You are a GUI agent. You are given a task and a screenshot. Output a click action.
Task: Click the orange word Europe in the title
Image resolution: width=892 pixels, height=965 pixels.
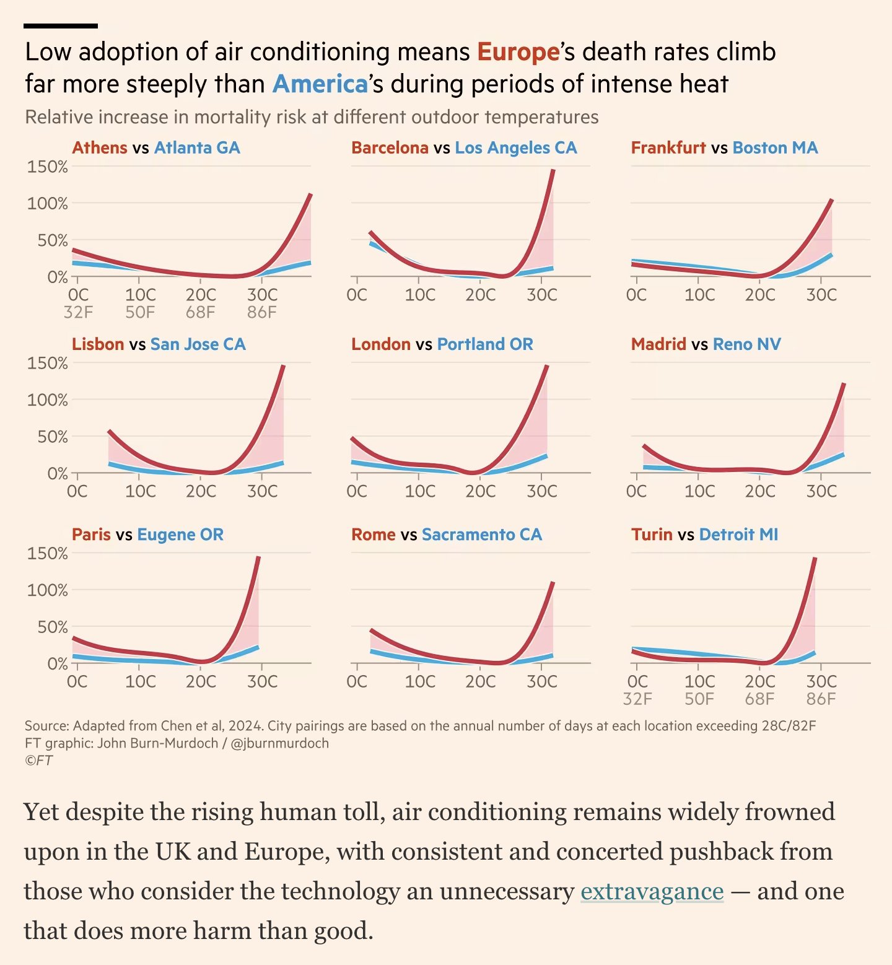(x=518, y=52)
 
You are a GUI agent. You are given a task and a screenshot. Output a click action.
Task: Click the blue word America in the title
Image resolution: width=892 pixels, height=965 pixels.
(x=320, y=84)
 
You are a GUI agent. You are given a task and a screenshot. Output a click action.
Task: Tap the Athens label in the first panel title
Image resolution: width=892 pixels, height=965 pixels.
(x=99, y=147)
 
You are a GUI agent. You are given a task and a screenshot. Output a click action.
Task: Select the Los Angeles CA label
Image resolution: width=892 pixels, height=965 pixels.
(x=515, y=147)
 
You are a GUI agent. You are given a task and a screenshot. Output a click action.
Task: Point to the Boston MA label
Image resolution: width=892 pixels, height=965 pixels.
(x=774, y=147)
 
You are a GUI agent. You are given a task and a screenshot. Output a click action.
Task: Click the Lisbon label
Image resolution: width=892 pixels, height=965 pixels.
(x=98, y=344)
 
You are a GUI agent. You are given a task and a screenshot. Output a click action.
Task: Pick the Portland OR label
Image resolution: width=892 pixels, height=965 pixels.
(x=484, y=344)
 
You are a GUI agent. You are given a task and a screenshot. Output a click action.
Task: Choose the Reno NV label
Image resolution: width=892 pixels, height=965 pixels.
(x=746, y=344)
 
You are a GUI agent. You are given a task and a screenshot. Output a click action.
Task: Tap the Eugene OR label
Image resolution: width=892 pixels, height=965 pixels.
(x=180, y=534)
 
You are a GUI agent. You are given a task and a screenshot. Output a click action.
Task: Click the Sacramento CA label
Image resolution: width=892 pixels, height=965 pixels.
(x=481, y=534)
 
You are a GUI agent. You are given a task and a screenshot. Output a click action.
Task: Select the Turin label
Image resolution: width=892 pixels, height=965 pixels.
(x=651, y=534)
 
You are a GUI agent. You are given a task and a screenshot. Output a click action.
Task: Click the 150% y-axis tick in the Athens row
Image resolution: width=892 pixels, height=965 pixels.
(x=47, y=167)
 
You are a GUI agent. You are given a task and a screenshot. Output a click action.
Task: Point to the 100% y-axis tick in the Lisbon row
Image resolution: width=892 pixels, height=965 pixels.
(x=47, y=400)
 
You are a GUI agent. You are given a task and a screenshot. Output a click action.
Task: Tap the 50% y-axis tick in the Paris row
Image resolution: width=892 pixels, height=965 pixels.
(x=52, y=627)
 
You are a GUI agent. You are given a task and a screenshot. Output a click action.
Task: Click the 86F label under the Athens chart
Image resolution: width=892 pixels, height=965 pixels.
(x=261, y=312)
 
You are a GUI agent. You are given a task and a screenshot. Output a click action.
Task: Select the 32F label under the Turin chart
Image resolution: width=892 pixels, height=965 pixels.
(x=637, y=699)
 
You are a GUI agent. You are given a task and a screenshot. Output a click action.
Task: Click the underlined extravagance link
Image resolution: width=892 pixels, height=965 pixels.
(x=652, y=891)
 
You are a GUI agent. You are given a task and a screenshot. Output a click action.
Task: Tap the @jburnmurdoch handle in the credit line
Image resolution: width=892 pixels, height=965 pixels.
(x=279, y=743)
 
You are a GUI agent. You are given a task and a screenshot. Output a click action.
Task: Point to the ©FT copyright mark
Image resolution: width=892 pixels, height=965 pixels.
(x=38, y=761)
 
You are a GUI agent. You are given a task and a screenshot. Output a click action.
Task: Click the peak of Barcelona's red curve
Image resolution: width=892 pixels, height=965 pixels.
(x=553, y=170)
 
